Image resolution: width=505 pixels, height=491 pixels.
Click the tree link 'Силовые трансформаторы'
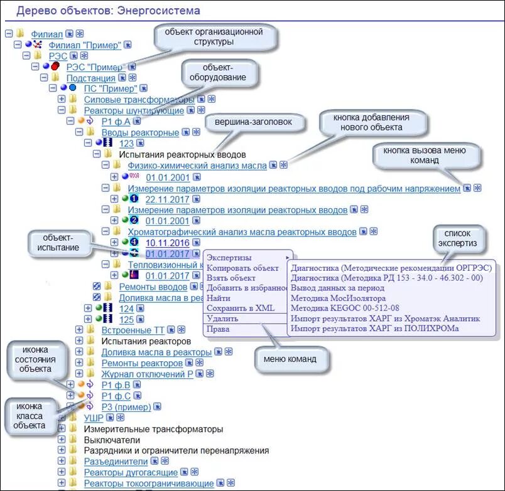(x=139, y=100)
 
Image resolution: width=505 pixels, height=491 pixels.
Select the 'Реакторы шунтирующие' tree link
(x=134, y=110)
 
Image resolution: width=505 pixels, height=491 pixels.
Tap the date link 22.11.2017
(x=167, y=199)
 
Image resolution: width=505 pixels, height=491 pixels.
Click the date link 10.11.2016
(x=167, y=242)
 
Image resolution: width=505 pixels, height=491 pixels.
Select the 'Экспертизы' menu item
(x=229, y=258)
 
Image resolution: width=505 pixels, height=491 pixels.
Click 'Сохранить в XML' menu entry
(x=241, y=308)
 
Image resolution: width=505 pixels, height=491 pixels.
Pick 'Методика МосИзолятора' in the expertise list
(x=339, y=298)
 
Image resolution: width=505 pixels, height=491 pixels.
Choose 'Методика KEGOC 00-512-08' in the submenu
(x=345, y=309)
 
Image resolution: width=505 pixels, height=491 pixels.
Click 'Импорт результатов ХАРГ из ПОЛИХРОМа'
(x=375, y=329)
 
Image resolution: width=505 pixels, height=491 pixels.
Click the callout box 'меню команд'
(x=290, y=359)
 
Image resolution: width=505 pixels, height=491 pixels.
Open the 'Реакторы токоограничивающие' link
(x=149, y=483)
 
